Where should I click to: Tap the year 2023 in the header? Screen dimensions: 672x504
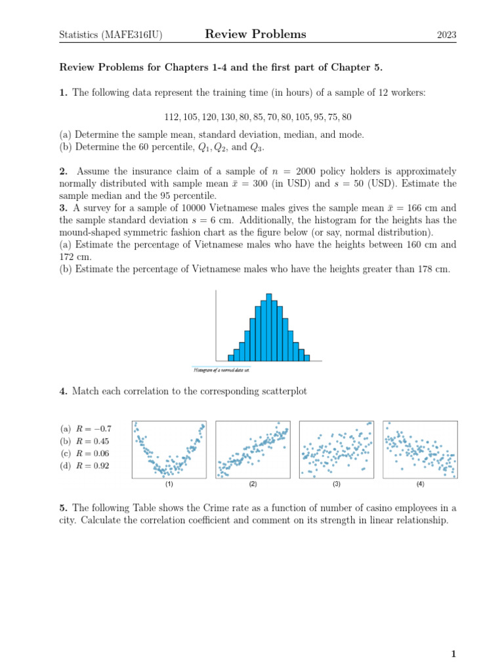(x=447, y=35)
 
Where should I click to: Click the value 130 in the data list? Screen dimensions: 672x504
(x=230, y=117)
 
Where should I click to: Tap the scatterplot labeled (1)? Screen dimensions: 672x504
(x=169, y=450)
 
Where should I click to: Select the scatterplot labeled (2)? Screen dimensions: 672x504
(x=253, y=450)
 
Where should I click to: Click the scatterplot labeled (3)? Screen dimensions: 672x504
(x=336, y=450)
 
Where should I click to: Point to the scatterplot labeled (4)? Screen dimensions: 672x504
(x=420, y=450)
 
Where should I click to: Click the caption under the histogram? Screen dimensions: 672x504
(x=221, y=370)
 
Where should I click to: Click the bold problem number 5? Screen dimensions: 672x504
(x=63, y=508)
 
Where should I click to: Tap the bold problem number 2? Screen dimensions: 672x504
(x=63, y=171)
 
